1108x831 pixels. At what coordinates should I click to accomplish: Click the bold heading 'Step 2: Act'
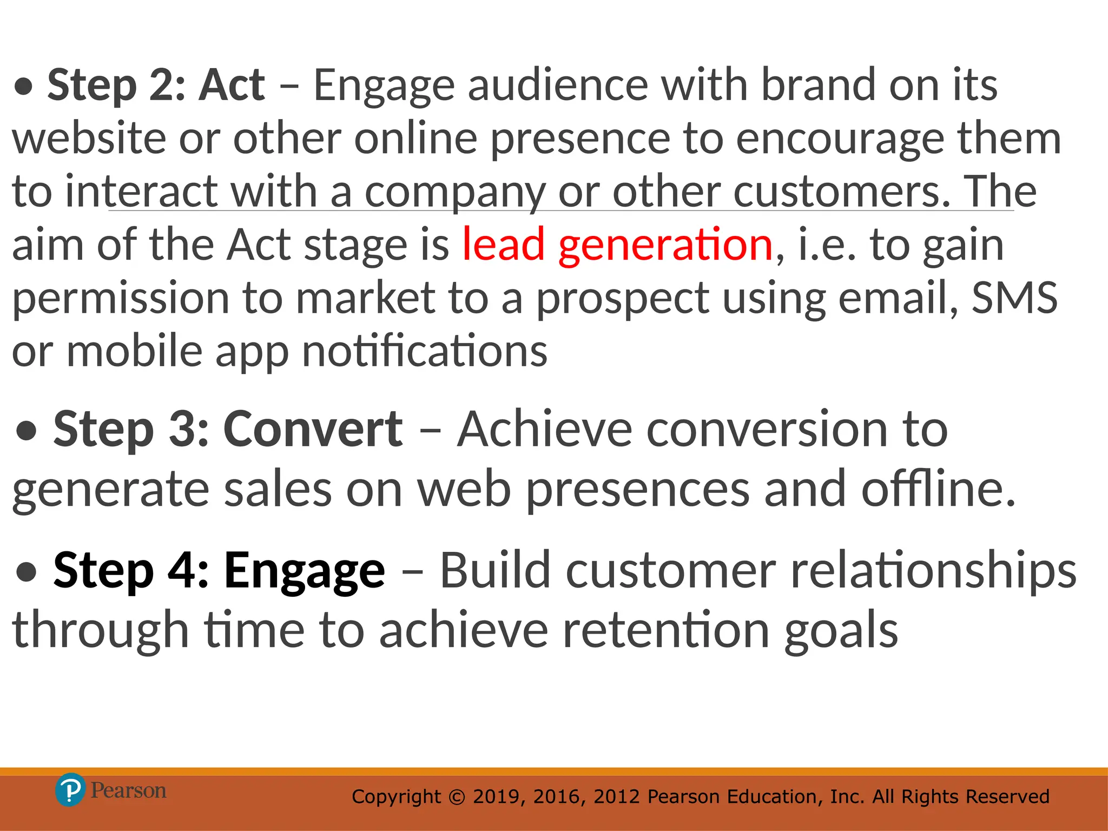[156, 85]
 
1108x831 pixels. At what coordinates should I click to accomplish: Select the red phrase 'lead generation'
[617, 245]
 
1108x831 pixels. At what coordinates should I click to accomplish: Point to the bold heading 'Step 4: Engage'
[219, 570]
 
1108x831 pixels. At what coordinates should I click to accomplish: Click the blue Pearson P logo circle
[70, 790]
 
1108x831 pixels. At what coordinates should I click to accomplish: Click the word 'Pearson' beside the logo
[128, 791]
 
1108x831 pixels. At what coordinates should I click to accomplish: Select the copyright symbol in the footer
[457, 797]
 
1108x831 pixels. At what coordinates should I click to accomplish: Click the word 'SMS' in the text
[1014, 298]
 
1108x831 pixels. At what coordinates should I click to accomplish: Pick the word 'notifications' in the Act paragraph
[425, 352]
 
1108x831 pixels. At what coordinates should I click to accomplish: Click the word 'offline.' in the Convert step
[939, 489]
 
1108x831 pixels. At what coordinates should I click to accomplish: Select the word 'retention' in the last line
[666, 630]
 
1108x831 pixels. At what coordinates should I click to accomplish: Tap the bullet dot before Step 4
[27, 573]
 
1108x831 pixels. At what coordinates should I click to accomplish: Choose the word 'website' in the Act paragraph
[89, 138]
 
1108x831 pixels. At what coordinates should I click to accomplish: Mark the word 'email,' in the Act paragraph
[898, 298]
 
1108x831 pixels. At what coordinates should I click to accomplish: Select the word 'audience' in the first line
[558, 85]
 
